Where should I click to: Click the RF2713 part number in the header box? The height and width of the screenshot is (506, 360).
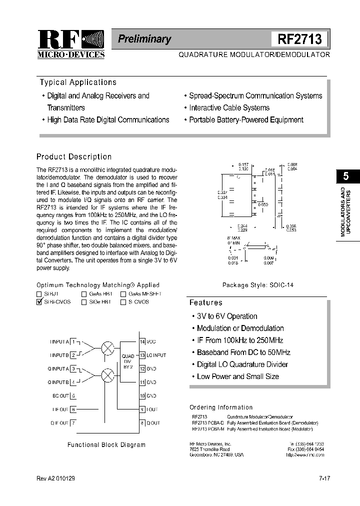click(x=299, y=39)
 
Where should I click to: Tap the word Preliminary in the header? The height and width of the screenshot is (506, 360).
click(x=144, y=39)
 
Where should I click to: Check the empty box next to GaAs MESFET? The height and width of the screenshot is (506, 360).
click(x=123, y=294)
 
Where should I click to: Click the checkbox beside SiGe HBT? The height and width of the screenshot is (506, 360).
click(x=84, y=302)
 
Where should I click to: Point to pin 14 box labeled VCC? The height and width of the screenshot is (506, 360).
click(x=142, y=341)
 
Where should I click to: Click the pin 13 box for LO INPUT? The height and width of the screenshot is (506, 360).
click(x=142, y=355)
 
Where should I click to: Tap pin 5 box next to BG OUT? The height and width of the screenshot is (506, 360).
click(x=73, y=395)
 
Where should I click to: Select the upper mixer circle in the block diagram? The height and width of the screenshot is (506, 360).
click(x=107, y=348)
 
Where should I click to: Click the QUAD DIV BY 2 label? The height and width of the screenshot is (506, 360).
click(x=128, y=361)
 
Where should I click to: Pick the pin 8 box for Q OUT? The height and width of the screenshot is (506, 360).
click(x=142, y=422)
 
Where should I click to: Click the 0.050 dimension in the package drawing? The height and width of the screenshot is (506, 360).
click(x=263, y=204)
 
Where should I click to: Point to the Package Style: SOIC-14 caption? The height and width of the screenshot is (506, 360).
click(x=257, y=284)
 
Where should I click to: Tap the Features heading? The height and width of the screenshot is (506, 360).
click(x=205, y=302)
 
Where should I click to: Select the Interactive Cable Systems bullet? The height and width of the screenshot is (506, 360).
click(x=229, y=107)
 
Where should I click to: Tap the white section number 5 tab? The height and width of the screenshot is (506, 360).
click(x=345, y=176)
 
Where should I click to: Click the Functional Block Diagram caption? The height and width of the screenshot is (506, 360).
click(x=106, y=444)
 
